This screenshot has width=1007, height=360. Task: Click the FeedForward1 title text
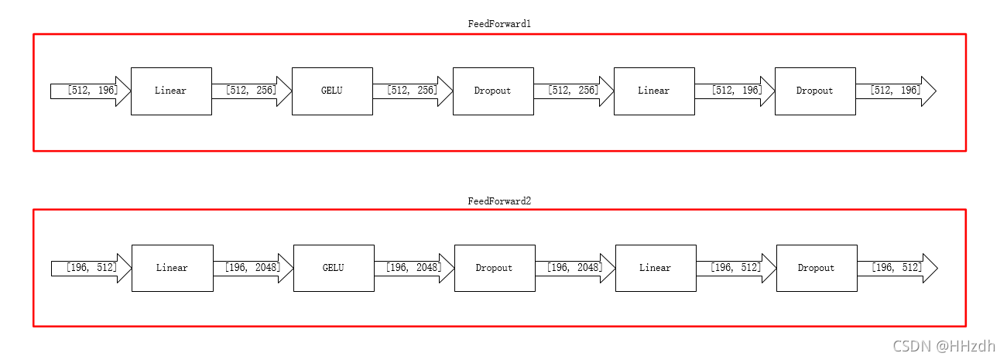(499, 24)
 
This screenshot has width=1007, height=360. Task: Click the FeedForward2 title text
(499, 201)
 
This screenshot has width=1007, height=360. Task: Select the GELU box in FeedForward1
(332, 91)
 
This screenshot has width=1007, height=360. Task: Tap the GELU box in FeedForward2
(334, 268)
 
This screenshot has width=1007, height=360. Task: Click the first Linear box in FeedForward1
(171, 91)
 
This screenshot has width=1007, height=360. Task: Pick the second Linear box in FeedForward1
(654, 91)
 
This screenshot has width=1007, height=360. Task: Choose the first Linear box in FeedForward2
(172, 268)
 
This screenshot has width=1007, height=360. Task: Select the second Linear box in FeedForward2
(656, 268)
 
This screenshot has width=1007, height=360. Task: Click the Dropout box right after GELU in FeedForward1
(493, 91)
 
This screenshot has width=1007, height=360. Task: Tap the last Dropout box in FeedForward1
(815, 91)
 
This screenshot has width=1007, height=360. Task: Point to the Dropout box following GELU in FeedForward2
(495, 268)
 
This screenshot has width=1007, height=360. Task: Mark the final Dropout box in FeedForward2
(817, 268)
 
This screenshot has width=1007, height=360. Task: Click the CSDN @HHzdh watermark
(944, 346)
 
